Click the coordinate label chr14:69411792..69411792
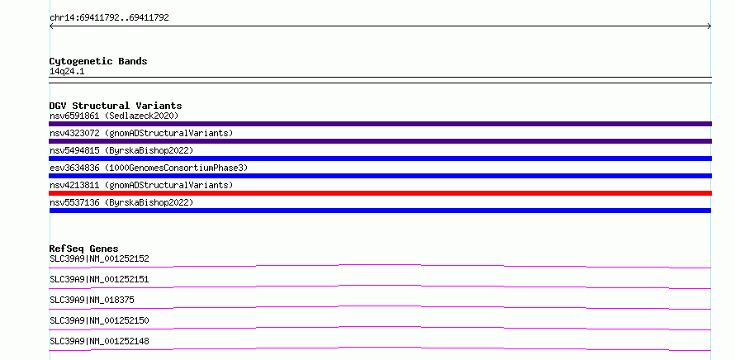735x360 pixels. (x=109, y=18)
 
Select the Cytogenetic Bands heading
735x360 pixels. (x=98, y=61)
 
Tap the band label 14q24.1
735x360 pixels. (x=67, y=72)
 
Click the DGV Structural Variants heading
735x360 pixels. (x=116, y=106)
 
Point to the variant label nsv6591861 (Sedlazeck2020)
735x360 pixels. (x=114, y=116)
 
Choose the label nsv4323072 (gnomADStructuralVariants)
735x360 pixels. (x=141, y=133)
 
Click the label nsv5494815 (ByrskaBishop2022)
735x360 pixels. (x=121, y=150)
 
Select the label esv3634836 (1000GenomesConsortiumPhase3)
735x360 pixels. (x=149, y=168)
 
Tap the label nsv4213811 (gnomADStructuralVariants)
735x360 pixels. (x=141, y=185)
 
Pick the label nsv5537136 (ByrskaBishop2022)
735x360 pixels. (x=121, y=202)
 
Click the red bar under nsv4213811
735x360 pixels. (x=380, y=193)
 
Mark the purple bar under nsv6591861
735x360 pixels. (x=380, y=124)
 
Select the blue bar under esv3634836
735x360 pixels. (x=380, y=176)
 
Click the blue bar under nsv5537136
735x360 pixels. (x=380, y=211)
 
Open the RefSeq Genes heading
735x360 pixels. (x=84, y=249)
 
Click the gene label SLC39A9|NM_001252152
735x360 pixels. (x=99, y=258)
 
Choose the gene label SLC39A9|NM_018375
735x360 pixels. (x=92, y=300)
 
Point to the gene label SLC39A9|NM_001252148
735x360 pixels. (x=99, y=341)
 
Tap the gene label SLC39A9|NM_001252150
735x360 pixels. (x=99, y=320)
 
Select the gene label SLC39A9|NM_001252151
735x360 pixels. (x=99, y=279)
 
